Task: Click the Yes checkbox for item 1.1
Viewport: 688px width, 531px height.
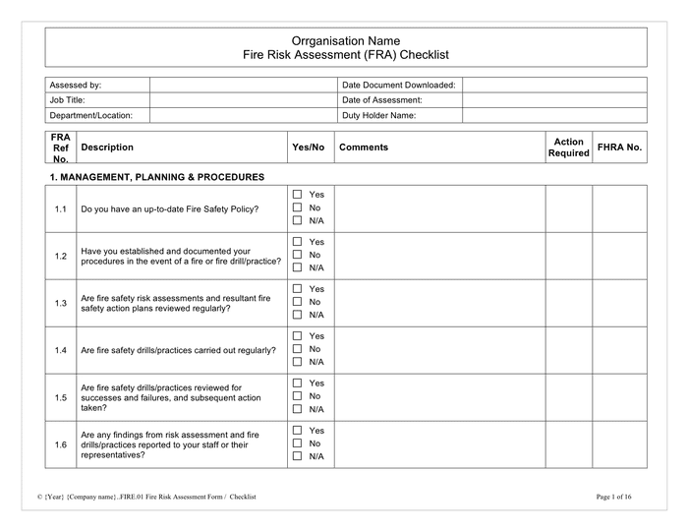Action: (x=298, y=195)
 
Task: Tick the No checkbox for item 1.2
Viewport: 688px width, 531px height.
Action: (x=298, y=255)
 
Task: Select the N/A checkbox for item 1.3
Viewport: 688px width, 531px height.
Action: (x=298, y=315)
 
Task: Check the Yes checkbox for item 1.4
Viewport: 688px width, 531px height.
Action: (x=298, y=336)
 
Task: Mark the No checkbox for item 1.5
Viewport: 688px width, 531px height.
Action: (x=298, y=396)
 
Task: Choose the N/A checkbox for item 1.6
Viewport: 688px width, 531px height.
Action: (x=298, y=456)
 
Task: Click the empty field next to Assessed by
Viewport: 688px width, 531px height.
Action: (x=243, y=86)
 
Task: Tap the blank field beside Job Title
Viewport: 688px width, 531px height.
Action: (x=243, y=100)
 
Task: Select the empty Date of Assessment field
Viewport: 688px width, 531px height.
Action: (x=554, y=100)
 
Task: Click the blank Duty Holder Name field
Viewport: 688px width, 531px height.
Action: (x=554, y=115)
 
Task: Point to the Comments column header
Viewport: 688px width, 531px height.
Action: (x=364, y=147)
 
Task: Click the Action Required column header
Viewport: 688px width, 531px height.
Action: (x=568, y=147)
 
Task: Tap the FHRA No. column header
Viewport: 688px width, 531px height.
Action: (x=619, y=147)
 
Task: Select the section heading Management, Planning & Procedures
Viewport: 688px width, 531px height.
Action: (x=156, y=177)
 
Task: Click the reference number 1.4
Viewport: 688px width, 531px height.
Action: (x=61, y=350)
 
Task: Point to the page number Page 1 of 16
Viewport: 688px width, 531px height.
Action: (x=621, y=498)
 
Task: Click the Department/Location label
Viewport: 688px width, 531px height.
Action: (x=91, y=115)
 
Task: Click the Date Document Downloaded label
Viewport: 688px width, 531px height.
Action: (x=398, y=86)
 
